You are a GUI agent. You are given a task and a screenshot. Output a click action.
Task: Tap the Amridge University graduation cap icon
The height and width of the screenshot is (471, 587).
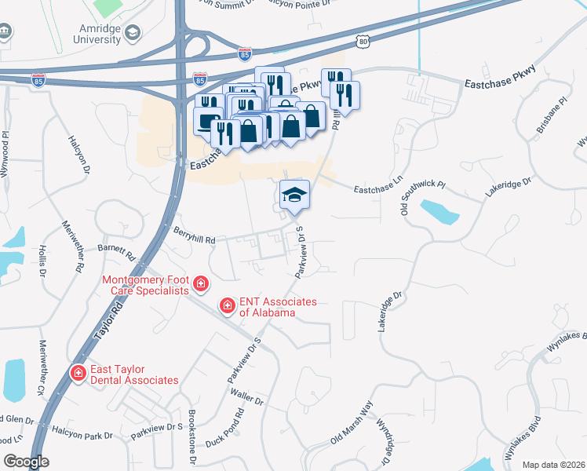pyautogui.click(x=132, y=32)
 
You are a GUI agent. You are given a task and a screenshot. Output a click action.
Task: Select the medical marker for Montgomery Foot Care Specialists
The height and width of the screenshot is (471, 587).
pyautogui.click(x=201, y=283)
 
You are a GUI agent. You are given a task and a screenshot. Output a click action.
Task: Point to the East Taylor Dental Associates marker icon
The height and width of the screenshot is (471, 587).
pyautogui.click(x=78, y=372)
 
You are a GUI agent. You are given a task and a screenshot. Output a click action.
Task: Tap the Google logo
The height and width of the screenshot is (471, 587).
pyautogui.click(x=26, y=462)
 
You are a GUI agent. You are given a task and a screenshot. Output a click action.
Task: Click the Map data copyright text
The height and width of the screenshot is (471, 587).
pyautogui.click(x=553, y=465)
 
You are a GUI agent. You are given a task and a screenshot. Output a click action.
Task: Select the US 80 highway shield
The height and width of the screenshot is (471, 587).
pyautogui.click(x=361, y=38)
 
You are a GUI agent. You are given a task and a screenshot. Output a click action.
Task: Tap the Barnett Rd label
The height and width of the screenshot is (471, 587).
pyautogui.click(x=117, y=251)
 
